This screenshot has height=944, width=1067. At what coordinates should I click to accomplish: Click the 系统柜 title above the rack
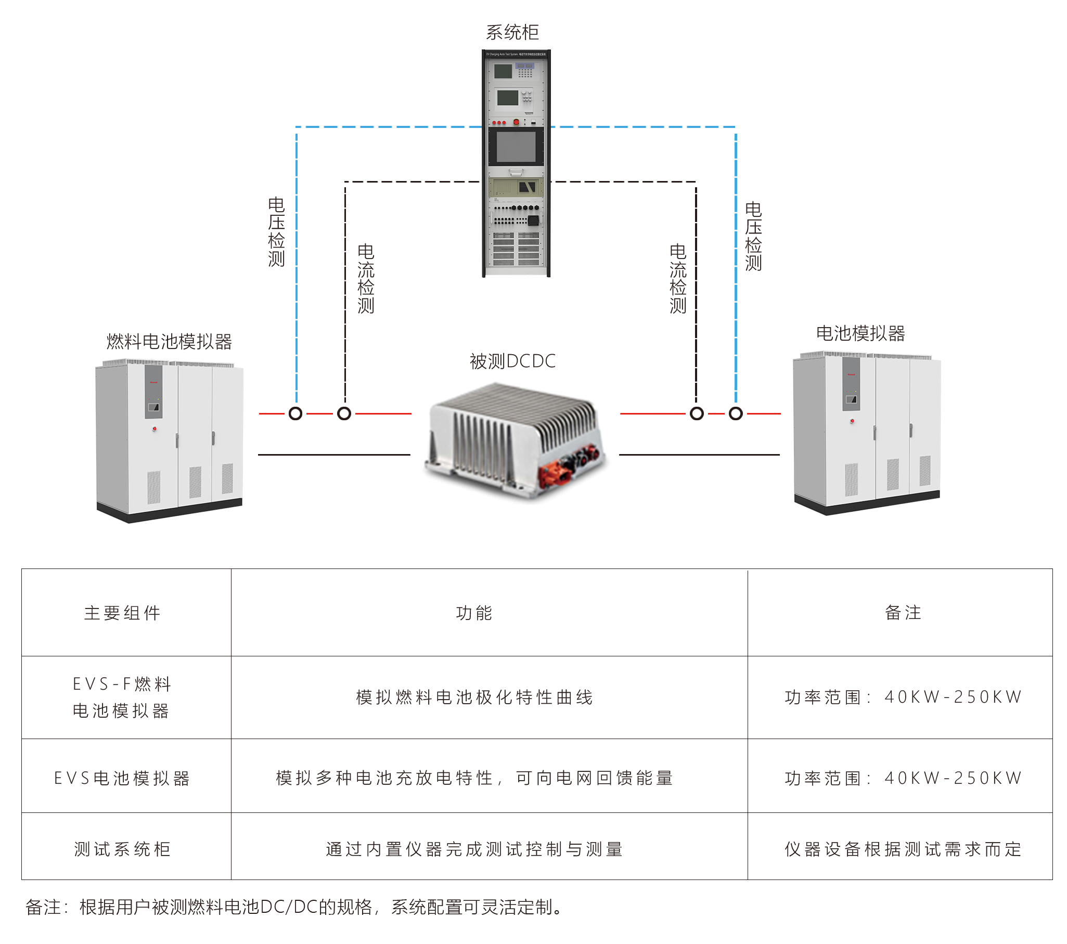(512, 32)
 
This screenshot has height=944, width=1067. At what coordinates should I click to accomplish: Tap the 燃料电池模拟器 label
(169, 342)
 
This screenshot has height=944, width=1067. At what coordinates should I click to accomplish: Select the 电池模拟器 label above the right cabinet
(860, 333)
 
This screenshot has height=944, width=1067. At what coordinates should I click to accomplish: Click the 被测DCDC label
(512, 361)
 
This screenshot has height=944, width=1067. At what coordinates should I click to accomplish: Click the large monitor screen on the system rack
(516, 147)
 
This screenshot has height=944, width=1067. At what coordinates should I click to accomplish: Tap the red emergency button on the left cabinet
(155, 429)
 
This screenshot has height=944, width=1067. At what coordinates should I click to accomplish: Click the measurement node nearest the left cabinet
(295, 414)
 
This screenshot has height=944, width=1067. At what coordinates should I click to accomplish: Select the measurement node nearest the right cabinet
(736, 414)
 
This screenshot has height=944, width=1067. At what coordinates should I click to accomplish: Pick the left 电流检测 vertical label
(365, 279)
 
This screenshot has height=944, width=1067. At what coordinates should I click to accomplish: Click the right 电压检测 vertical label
(753, 237)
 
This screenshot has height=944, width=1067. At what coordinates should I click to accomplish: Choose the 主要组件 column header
(122, 613)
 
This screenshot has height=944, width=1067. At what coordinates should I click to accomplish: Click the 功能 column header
(474, 613)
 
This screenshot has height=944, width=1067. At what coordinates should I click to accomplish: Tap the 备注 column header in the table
(903, 613)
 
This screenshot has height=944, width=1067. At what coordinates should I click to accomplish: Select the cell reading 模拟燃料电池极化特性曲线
(474, 697)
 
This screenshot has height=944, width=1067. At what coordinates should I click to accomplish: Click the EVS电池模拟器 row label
(122, 778)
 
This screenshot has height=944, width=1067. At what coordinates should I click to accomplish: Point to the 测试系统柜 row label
(122, 849)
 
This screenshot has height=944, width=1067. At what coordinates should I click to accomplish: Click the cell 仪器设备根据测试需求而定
(903, 849)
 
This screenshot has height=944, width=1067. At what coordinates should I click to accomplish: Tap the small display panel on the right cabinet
(851, 400)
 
